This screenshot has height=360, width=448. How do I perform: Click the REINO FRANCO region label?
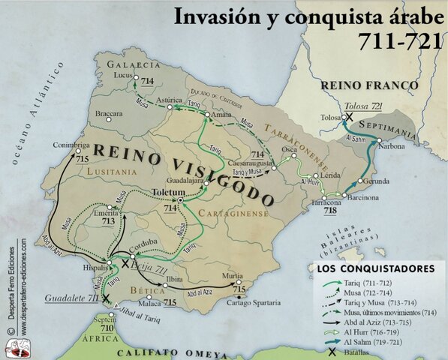(x=369, y=86)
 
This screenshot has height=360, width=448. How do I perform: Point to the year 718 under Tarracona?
(x=329, y=211)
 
